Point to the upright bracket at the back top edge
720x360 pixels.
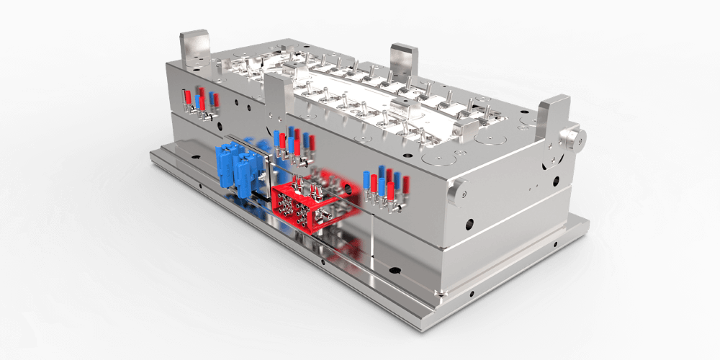point(404,60)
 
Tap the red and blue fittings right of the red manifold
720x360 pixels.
point(386,187)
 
